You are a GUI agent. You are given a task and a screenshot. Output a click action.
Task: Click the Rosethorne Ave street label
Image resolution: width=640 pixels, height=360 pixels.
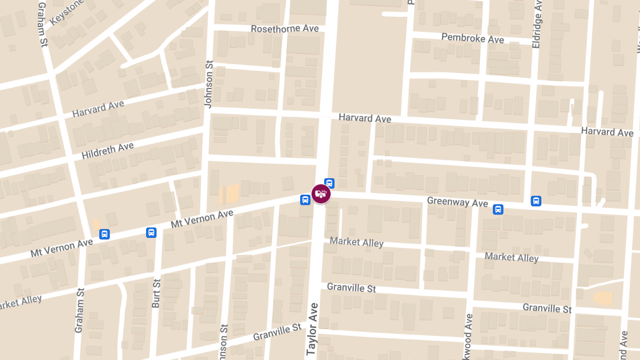pos(285,28)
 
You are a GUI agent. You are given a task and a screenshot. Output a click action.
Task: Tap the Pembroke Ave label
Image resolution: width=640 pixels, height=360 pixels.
pos(473,38)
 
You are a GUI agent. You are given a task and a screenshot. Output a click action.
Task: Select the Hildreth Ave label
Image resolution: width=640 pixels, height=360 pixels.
pos(108,150)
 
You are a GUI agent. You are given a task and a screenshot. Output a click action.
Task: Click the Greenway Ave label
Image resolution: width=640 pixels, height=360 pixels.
pos(458,203)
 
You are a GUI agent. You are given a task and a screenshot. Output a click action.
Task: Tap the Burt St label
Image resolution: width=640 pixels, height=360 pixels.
pos(156,294)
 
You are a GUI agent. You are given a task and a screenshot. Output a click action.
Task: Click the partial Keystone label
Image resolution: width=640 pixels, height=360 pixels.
pos(66,12)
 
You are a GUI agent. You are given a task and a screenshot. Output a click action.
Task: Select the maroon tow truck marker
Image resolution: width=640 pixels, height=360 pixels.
pos(321,193)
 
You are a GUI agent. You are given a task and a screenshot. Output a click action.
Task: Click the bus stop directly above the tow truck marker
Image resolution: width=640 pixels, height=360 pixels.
pos(330,183)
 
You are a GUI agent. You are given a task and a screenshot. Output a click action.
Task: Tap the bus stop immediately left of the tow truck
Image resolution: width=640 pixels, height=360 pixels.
pos(305,200)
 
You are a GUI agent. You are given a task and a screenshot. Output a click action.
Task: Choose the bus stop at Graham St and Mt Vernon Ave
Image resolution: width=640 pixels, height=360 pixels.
pos(105,234)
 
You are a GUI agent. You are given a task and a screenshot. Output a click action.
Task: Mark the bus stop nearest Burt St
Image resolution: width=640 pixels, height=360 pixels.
pos(151,232)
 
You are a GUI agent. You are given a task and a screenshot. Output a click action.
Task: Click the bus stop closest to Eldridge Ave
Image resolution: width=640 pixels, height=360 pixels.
pos(536,201)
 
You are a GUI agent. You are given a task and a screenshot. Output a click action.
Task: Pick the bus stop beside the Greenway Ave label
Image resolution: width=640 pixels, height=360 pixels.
pos(498,209)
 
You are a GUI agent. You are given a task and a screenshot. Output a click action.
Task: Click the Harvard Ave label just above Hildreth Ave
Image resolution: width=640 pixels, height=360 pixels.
pos(98,108)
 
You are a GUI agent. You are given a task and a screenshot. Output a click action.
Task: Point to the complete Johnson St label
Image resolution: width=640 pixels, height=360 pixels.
pos(209,84)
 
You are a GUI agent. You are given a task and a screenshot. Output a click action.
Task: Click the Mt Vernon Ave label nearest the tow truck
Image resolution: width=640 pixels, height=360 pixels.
pos(202,219)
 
